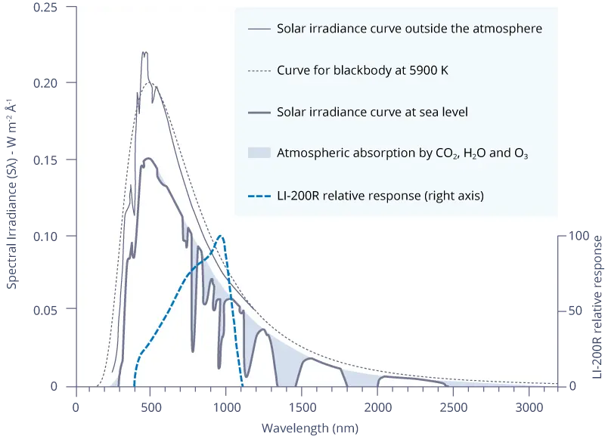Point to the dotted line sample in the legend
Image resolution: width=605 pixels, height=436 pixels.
pyautogui.click(x=259, y=71)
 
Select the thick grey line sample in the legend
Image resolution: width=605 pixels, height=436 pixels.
pyautogui.click(x=259, y=113)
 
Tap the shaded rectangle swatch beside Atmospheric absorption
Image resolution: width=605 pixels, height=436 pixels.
pyautogui.click(x=259, y=153)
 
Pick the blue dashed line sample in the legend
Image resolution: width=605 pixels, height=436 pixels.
pyautogui.click(x=259, y=196)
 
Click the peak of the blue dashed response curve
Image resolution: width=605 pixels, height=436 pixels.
pyautogui.click(x=220, y=236)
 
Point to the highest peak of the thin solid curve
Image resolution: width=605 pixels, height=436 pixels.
pyautogui.click(x=144, y=53)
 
